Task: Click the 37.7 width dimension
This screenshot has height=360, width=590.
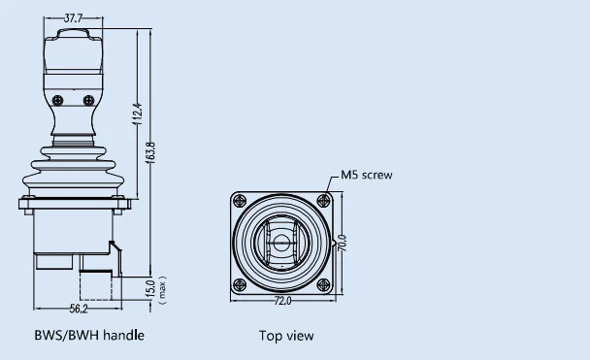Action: (73, 18)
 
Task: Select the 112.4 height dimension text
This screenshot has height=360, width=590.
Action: (138, 114)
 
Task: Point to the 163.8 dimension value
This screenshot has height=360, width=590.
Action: (149, 152)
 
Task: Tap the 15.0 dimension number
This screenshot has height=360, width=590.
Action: (150, 288)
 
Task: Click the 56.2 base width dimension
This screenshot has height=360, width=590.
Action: (79, 309)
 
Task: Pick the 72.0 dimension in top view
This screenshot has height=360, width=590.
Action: (282, 301)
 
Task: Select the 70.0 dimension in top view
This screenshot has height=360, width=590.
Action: (342, 243)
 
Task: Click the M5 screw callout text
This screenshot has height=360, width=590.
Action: (367, 175)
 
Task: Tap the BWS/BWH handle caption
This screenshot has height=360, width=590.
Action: (89, 335)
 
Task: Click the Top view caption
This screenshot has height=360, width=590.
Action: (286, 336)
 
